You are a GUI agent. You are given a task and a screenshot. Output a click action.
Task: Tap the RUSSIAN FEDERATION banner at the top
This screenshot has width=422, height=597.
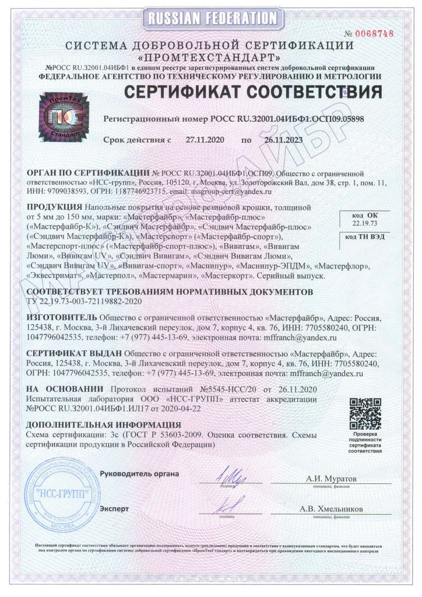click(212, 18)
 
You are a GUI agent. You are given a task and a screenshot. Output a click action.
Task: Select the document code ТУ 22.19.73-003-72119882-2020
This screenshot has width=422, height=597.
click(84, 301)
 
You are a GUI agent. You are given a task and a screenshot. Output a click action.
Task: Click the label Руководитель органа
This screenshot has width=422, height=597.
click(140, 472)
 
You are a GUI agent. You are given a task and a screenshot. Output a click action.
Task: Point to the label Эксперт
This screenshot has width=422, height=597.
click(114, 509)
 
